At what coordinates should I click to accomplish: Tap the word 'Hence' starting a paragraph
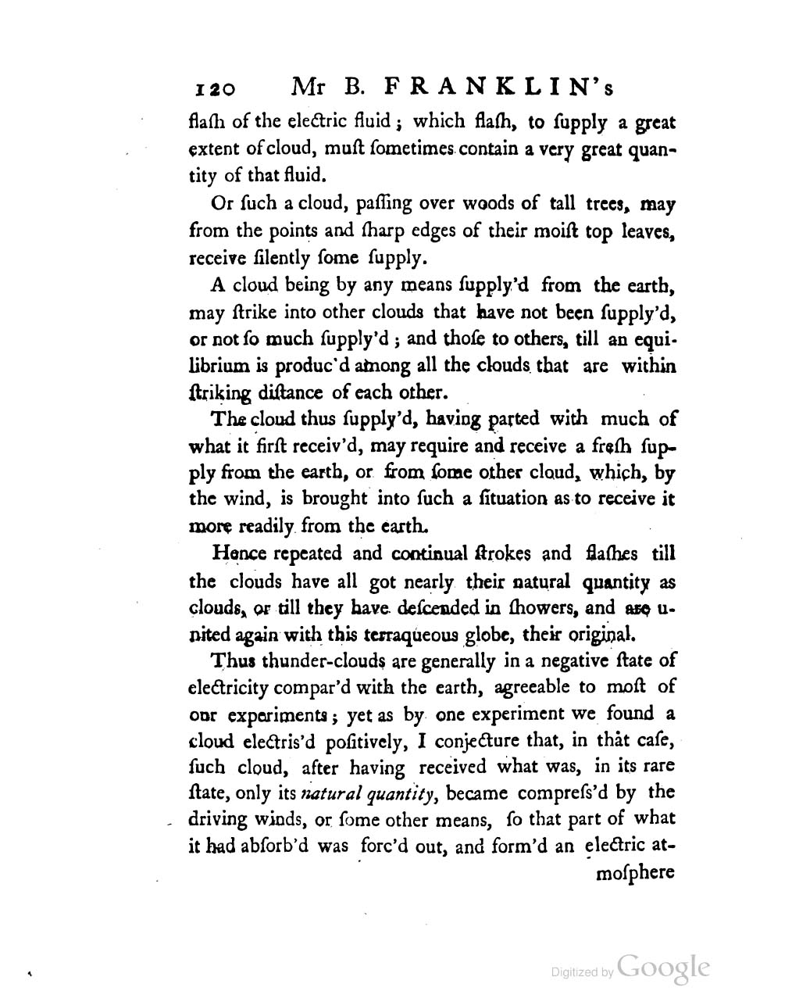[x=239, y=554]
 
